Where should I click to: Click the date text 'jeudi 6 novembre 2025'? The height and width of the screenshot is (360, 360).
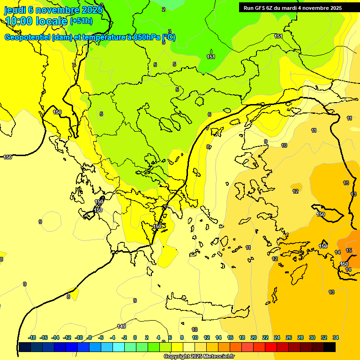(x=53, y=10)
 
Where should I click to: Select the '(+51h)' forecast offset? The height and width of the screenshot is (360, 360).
(x=81, y=21)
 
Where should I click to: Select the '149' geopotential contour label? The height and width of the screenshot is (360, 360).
(x=121, y=326)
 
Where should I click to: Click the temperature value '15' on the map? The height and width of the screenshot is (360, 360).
(x=349, y=251)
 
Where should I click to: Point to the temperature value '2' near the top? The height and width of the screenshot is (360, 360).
(x=164, y=9)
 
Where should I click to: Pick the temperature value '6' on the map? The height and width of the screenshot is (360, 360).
(x=209, y=114)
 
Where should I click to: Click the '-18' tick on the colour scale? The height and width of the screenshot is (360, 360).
(x=32, y=337)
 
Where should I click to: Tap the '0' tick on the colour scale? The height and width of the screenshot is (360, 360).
(x=135, y=337)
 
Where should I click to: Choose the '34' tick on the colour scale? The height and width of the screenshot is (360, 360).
(x=336, y=337)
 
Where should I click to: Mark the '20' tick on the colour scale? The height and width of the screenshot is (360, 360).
(x=254, y=337)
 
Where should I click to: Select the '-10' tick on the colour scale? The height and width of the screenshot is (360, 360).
(x=79, y=337)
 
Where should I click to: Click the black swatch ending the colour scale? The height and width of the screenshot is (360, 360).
(x=330, y=347)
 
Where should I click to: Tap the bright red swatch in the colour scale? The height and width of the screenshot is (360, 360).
(x=271, y=347)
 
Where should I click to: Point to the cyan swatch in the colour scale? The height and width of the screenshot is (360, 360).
(x=119, y=347)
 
